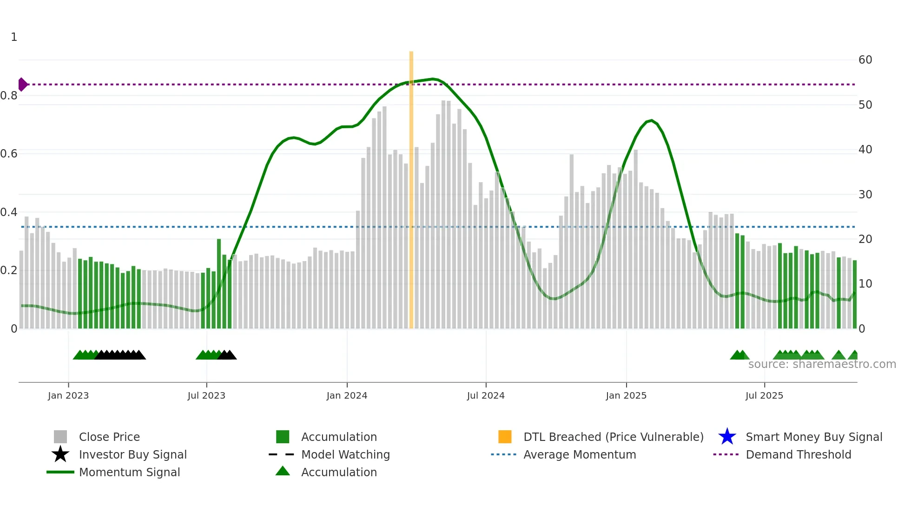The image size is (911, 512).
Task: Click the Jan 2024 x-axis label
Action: [x=347, y=396]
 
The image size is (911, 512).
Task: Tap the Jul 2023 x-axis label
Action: [x=206, y=396]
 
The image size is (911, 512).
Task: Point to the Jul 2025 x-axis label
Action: [x=764, y=396]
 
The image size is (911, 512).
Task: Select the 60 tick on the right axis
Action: [x=865, y=60]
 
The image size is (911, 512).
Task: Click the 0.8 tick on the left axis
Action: [x=9, y=96]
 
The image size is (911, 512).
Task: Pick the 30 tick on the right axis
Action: [x=865, y=195]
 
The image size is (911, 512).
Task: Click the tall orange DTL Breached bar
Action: [x=411, y=186]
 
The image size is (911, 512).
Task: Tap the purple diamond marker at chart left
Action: [x=22, y=85]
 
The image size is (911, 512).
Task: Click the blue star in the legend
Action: [x=727, y=437]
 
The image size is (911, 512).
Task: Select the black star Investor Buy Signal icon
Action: [x=60, y=454]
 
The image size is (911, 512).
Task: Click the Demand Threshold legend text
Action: [x=798, y=455]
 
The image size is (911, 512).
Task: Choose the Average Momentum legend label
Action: [x=580, y=455]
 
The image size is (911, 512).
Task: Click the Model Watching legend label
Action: [x=345, y=455]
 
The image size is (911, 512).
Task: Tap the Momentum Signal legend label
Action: [x=129, y=473]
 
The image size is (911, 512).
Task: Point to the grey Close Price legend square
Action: [x=60, y=437]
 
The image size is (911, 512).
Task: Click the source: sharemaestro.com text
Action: [x=822, y=364]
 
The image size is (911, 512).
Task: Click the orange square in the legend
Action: [x=505, y=437]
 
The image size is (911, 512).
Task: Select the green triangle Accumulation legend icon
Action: [x=283, y=471]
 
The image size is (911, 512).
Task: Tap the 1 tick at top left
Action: [x=14, y=37]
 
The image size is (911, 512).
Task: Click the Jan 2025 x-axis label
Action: [x=626, y=396]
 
